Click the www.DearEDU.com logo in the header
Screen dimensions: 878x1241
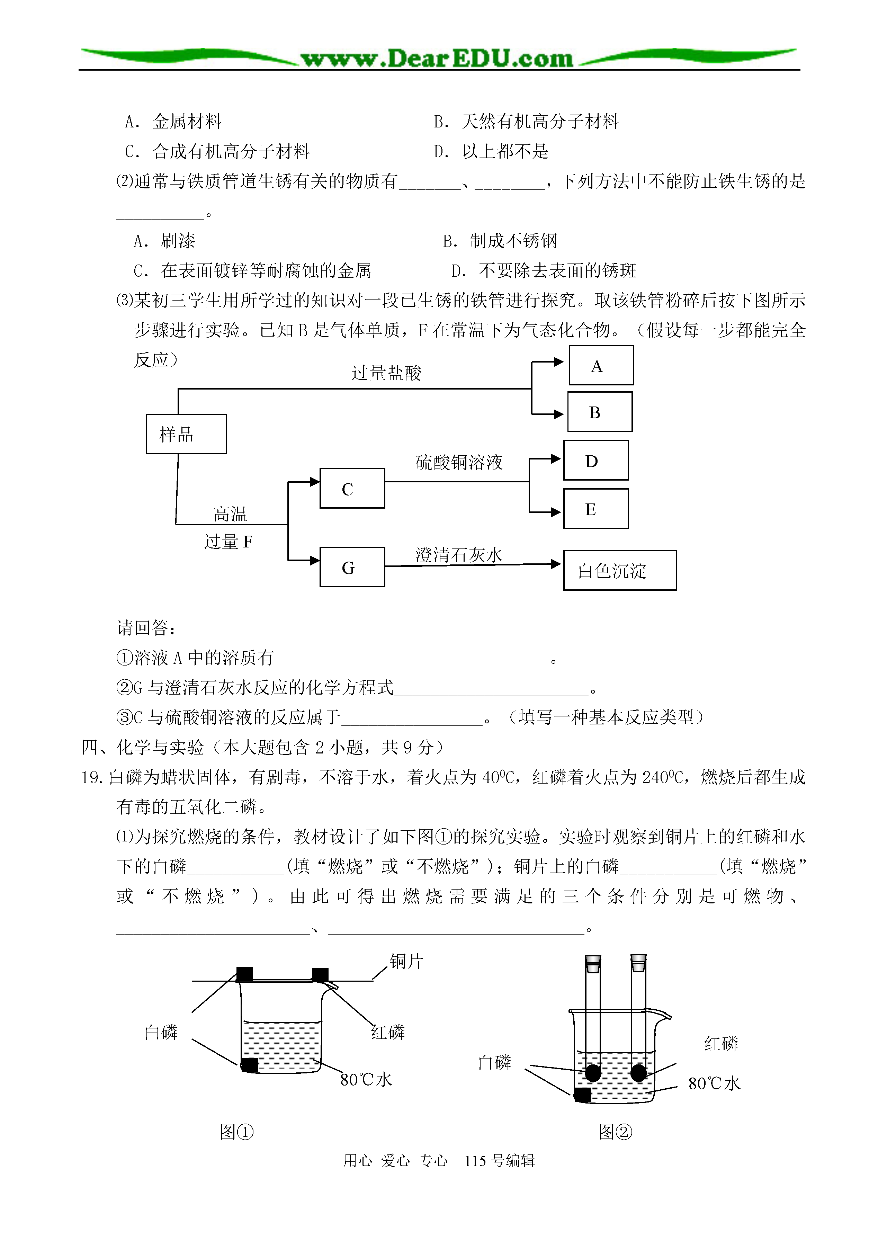[x=437, y=58]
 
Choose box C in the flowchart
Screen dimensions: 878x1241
[x=352, y=488]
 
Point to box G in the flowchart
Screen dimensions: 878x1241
[x=352, y=567]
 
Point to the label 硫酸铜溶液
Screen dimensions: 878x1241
[x=459, y=462]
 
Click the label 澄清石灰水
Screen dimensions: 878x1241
[x=459, y=555]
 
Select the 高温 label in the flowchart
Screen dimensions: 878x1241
[x=230, y=514]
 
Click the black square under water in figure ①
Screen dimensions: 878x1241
[x=249, y=1065]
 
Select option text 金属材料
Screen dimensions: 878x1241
[x=187, y=122]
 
